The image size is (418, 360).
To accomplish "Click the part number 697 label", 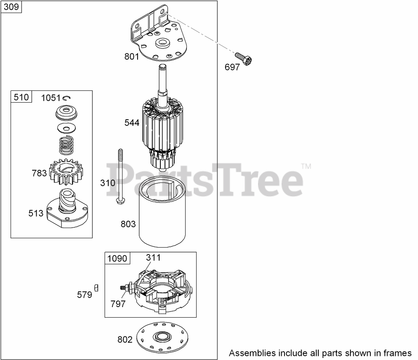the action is (x=232, y=68).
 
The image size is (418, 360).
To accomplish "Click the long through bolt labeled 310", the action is (x=121, y=175).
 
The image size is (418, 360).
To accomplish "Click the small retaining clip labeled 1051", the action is (x=68, y=97).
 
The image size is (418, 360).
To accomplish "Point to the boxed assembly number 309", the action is (x=12, y=7).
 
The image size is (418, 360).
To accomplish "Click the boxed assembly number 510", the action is (x=21, y=97).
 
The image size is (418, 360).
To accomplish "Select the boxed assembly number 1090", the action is (x=117, y=258).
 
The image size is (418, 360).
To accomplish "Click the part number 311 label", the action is (x=153, y=257).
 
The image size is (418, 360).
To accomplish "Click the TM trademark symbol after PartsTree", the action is (x=306, y=166).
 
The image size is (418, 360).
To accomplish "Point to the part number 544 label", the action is (x=132, y=123).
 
